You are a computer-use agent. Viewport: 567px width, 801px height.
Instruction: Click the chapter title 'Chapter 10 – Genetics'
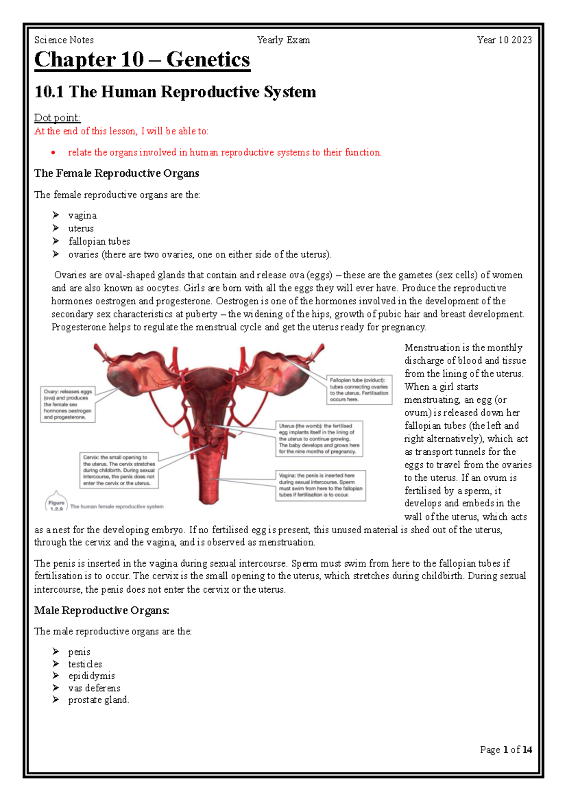pyautogui.click(x=142, y=60)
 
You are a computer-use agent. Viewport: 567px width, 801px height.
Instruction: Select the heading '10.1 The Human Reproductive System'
pyautogui.click(x=175, y=92)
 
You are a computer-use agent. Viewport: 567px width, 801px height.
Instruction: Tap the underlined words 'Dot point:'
pyautogui.click(x=57, y=118)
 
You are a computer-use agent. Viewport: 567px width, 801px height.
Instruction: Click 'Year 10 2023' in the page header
pyautogui.click(x=504, y=40)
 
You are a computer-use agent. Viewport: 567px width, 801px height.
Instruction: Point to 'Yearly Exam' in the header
pyautogui.click(x=283, y=40)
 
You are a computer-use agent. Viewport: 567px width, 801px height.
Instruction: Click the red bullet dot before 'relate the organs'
pyautogui.click(x=53, y=153)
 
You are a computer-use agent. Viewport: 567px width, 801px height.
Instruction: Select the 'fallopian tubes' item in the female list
pyautogui.click(x=99, y=241)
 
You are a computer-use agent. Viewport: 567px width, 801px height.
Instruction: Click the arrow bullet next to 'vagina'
pyautogui.click(x=56, y=215)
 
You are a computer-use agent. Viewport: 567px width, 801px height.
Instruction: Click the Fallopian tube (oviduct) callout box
pyautogui.click(x=359, y=390)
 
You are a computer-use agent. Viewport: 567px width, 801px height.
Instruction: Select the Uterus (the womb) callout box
pyautogui.click(x=319, y=439)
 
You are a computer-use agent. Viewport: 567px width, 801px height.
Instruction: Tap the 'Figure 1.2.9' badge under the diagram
pyautogui.click(x=56, y=504)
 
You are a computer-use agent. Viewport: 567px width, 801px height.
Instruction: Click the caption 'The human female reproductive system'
pyautogui.click(x=117, y=506)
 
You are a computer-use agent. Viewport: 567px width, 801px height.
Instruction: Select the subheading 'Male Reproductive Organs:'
pyautogui.click(x=102, y=611)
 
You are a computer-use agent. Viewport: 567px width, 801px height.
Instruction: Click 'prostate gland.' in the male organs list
pyautogui.click(x=98, y=700)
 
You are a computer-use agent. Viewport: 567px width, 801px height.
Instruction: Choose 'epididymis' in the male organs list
pyautogui.click(x=91, y=676)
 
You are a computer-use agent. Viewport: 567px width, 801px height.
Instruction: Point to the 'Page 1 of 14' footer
pyautogui.click(x=506, y=750)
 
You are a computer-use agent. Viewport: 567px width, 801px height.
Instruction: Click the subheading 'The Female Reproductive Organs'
pyautogui.click(x=116, y=173)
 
